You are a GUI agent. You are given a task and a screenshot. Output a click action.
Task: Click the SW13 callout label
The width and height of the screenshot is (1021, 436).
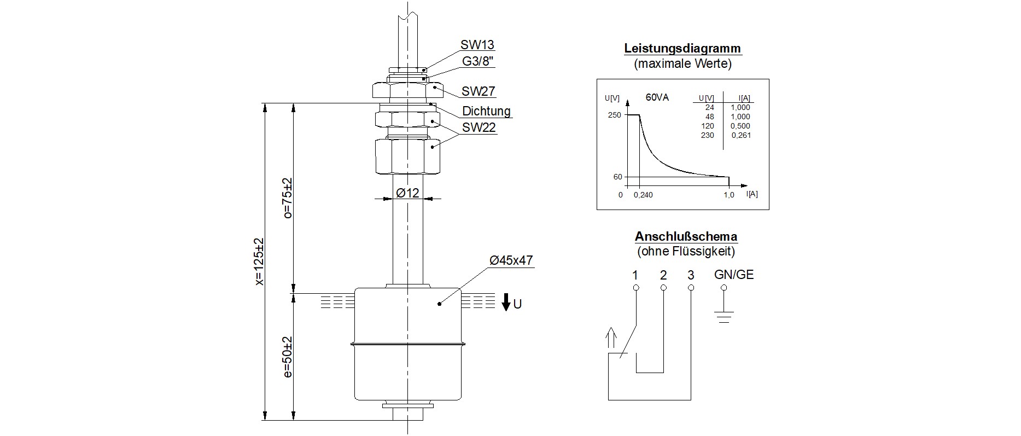pos(477,45)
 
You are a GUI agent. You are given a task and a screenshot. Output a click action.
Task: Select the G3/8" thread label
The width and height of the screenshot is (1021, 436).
pos(478,61)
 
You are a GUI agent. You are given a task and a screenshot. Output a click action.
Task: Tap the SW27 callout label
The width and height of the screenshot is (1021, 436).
pos(478,91)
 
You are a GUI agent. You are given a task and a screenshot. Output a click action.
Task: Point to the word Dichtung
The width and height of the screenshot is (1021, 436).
pos(486,111)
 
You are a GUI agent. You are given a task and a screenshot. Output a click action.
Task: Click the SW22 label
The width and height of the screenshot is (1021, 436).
pos(479,128)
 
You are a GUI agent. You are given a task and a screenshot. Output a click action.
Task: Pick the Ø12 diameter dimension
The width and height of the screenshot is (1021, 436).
pos(408,193)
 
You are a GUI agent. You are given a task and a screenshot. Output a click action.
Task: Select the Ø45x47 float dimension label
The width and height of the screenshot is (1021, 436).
pos(511,260)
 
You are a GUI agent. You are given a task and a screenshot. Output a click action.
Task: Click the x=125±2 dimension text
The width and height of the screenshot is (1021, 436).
pos(259,261)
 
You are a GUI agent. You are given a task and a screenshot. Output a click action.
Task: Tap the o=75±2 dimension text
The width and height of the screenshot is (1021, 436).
pos(288,198)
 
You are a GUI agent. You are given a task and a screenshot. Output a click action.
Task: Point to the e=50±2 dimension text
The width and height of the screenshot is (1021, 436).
pos(288,357)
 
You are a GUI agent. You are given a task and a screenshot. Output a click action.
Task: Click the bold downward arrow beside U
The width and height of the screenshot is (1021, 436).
pos(506,302)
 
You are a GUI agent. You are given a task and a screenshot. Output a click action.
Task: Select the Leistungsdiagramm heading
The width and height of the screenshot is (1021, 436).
pos(682,48)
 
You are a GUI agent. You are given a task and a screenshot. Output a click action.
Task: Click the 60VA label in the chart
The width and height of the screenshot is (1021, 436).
pos(657,98)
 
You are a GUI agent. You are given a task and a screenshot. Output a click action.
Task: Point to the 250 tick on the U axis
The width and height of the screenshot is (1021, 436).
pos(614,115)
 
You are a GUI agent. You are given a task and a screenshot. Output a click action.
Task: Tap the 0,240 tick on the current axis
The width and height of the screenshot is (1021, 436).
pos(643,195)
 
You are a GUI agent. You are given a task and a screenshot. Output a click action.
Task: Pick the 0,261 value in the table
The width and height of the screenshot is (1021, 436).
pos(740,135)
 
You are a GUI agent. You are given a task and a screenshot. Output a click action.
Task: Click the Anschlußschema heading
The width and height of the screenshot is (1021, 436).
pos(686,237)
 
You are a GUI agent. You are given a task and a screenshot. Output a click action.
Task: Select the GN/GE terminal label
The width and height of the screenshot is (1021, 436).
pos(734,275)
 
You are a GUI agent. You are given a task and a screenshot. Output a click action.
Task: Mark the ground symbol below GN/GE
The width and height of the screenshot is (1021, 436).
pos(724,316)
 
